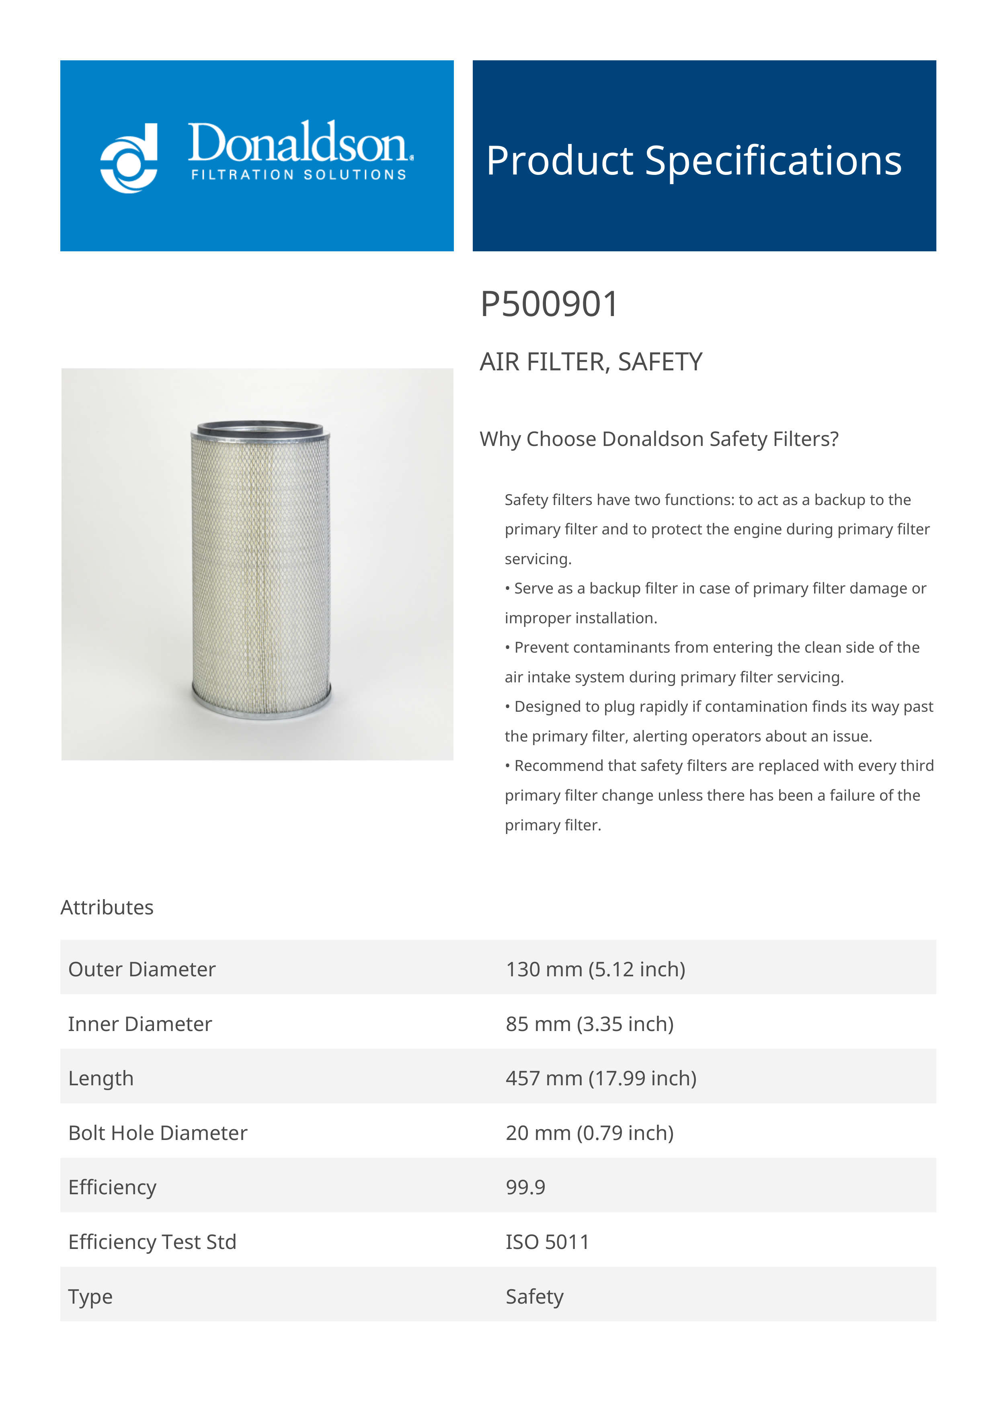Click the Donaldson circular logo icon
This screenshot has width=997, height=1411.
(129, 158)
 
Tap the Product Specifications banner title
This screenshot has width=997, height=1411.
(693, 160)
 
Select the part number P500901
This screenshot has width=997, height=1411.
(549, 304)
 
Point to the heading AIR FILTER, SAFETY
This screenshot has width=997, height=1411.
(590, 362)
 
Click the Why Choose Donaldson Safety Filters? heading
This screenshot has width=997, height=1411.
(659, 439)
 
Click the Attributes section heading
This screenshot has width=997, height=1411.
(107, 907)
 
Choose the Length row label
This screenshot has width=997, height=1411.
(101, 1078)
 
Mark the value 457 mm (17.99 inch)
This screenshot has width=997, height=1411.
(601, 1078)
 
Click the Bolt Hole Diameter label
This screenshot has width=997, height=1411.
(157, 1133)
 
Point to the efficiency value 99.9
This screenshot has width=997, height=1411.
(525, 1187)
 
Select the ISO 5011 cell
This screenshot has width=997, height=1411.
(547, 1242)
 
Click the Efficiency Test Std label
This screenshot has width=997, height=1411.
(152, 1242)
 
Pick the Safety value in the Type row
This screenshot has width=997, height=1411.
(534, 1297)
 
